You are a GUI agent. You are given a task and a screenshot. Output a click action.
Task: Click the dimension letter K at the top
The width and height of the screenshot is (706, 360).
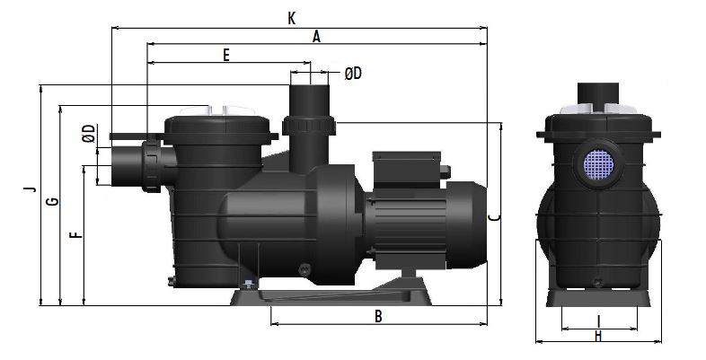[292, 19]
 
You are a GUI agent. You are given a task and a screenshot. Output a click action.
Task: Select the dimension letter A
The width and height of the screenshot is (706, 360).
[316, 37]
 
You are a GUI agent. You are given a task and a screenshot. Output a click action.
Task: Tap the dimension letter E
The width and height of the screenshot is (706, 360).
[226, 56]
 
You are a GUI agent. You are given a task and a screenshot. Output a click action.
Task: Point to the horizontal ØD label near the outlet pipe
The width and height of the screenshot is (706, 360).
[353, 74]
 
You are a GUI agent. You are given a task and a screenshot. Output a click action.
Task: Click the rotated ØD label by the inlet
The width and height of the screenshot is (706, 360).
[90, 134]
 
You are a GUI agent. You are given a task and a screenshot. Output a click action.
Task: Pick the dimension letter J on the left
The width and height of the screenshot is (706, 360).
[31, 189]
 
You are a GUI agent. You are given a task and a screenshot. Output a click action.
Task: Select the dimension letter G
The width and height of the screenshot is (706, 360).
[53, 201]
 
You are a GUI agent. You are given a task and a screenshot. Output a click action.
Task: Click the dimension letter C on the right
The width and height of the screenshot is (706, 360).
[494, 217]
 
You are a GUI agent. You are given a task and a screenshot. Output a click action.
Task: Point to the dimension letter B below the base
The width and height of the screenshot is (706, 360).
[378, 316]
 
